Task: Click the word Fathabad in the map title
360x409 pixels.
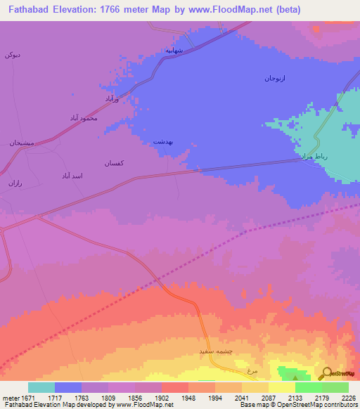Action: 30,10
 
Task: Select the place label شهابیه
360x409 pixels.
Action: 174,51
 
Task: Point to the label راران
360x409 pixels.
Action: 15,183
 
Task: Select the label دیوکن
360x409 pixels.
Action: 13,54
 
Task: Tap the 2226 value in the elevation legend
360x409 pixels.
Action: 348,397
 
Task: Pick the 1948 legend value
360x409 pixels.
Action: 188,397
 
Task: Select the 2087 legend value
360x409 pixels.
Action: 268,397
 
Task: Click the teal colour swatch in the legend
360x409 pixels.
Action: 41,387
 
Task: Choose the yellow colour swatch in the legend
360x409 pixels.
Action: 281,387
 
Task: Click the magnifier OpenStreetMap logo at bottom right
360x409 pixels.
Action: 326,374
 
